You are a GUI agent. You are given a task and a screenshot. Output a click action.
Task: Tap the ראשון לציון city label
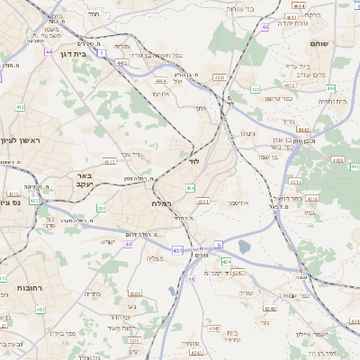click(19, 140)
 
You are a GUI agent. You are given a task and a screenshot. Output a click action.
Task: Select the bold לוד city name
click(193, 163)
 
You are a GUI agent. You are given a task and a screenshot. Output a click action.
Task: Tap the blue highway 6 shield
click(218, 244)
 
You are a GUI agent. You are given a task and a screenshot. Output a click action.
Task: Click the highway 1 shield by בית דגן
click(103, 54)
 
